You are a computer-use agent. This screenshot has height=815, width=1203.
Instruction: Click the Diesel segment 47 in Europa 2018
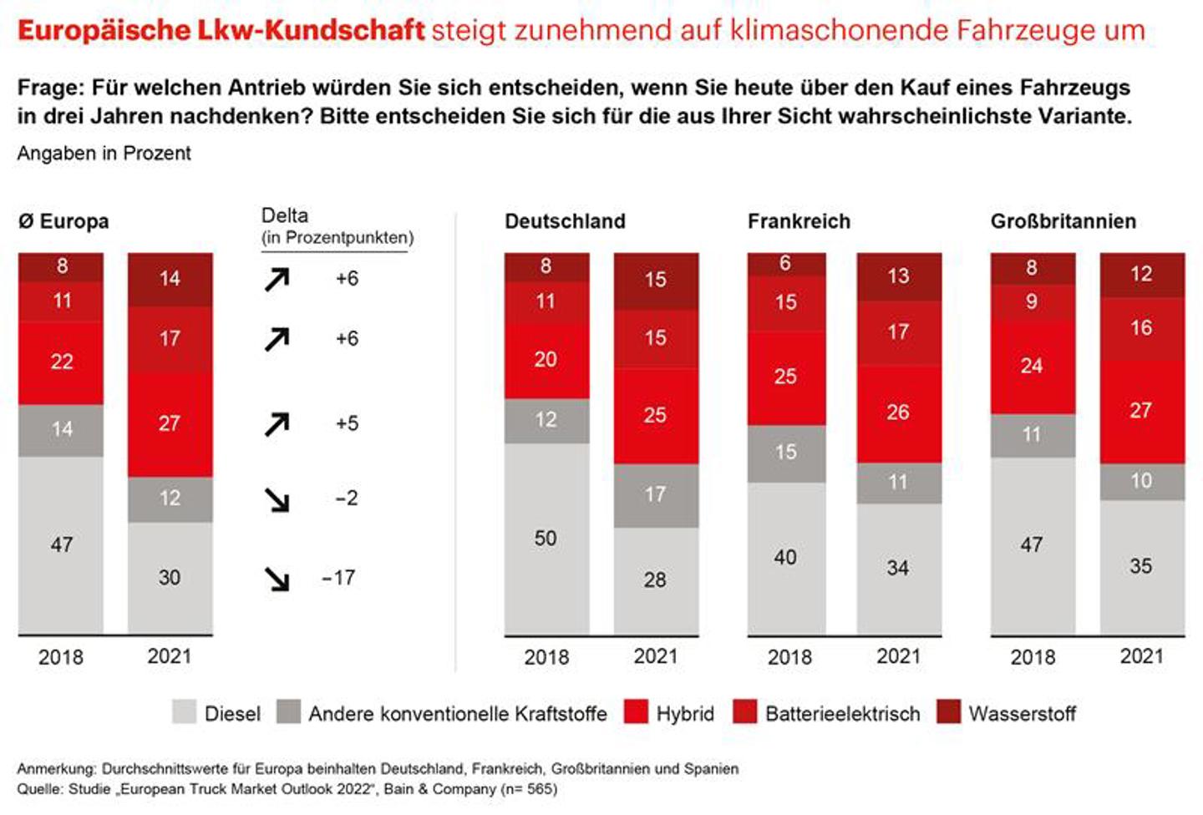[61, 544]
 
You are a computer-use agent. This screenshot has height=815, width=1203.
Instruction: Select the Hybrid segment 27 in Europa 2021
[170, 423]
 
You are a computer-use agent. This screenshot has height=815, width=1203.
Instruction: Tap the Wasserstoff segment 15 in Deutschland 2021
[655, 280]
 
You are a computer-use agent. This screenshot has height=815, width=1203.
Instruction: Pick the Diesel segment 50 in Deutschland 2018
[546, 539]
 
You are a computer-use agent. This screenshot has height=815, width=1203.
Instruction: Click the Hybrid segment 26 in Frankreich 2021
[898, 413]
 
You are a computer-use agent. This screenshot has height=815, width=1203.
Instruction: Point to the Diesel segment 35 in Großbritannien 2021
[1141, 566]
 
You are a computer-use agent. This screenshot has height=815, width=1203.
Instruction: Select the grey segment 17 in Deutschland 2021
[655, 494]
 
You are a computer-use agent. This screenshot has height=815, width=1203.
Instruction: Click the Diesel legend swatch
[184, 712]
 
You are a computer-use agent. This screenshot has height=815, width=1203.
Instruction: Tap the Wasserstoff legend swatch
[948, 712]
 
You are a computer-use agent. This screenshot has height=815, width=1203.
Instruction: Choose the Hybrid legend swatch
[636, 712]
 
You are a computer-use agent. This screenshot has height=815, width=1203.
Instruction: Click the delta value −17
[338, 578]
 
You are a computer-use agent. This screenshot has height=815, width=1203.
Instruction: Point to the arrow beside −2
[277, 499]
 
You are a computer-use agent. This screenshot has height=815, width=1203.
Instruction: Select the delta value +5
[347, 423]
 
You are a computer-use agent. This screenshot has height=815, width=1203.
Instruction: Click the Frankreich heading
[799, 221]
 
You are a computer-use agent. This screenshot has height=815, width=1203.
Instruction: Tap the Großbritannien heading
[1063, 221]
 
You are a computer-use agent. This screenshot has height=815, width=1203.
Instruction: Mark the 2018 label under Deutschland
[546, 657]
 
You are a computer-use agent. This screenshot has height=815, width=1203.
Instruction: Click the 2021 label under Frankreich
[898, 656]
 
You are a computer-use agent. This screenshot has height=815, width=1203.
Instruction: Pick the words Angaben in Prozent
[104, 154]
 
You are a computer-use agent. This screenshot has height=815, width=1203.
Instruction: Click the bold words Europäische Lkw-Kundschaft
[221, 31]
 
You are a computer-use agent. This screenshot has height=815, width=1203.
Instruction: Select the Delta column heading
[285, 215]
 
